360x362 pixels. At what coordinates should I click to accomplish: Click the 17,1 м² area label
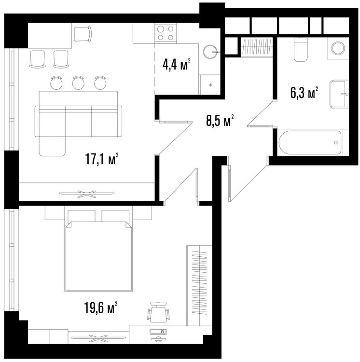click(x=102, y=159)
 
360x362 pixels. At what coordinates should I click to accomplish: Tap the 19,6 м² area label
click(x=100, y=307)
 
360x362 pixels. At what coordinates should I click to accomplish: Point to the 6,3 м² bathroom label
click(x=304, y=93)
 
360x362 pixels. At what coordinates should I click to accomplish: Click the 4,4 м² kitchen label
click(x=177, y=64)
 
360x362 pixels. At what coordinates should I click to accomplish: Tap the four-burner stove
click(x=166, y=33)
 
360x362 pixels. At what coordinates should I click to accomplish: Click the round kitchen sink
click(x=210, y=51)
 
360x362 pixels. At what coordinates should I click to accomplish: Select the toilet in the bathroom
click(x=301, y=49)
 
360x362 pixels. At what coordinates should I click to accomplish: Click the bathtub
click(x=310, y=142)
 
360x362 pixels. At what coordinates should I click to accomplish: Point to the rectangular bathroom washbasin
click(x=339, y=94)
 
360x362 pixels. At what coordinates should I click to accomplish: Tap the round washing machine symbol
click(x=338, y=48)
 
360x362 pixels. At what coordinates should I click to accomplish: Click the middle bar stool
click(x=78, y=83)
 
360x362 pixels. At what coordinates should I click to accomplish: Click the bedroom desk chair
click(x=158, y=312)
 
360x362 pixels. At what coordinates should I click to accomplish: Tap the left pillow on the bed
click(x=81, y=216)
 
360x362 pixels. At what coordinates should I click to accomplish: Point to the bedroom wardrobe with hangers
click(x=199, y=286)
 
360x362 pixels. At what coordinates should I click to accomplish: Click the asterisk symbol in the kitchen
click(x=210, y=85)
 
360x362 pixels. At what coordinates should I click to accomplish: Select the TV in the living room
click(x=86, y=194)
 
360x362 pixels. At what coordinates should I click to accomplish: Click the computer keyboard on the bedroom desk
click(x=158, y=331)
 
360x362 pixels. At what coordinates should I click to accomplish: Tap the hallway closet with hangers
click(x=257, y=47)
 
